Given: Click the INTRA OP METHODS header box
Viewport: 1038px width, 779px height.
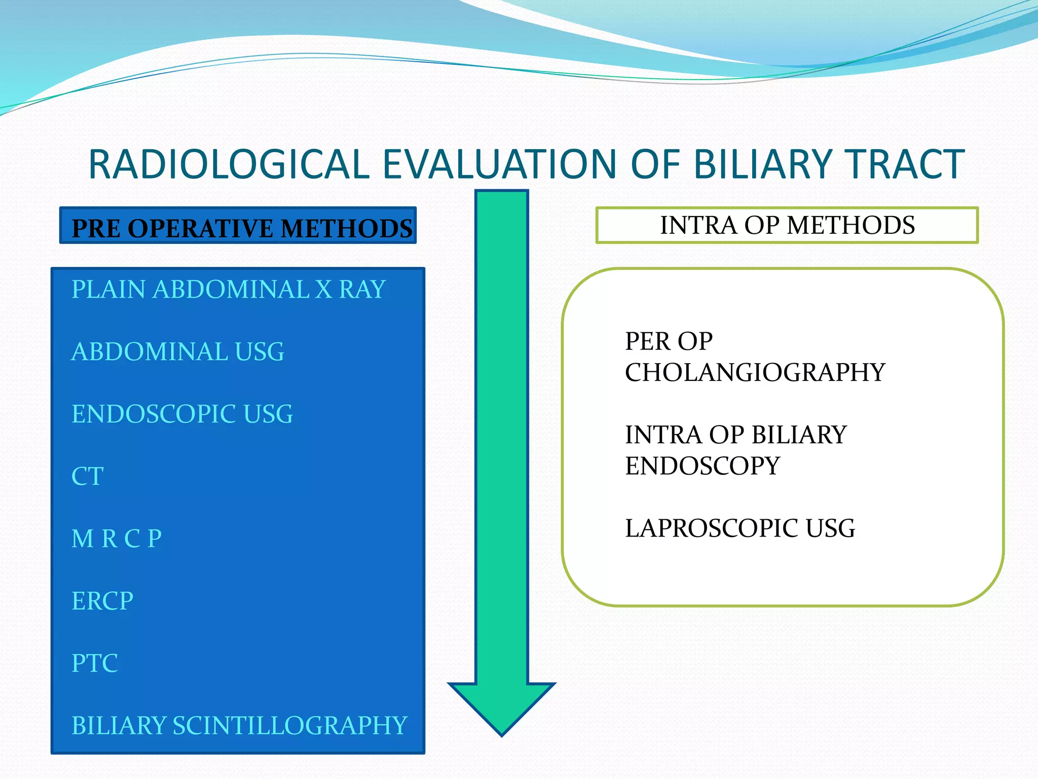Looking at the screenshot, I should point(787,225).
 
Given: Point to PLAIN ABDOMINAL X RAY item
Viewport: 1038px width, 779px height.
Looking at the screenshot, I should point(228,290).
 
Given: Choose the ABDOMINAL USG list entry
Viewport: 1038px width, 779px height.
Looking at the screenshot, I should point(177,352).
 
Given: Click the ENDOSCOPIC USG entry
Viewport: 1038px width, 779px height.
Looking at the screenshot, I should point(182,414).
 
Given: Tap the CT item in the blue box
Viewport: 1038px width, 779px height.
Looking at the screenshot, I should point(88,476).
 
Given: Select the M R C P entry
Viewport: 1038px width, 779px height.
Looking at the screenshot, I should point(117,539).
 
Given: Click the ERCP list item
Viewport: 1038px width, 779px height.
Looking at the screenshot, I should point(102,601).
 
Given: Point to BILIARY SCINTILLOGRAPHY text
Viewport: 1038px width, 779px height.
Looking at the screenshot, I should point(239,725).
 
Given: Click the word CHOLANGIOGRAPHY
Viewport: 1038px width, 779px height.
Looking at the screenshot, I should point(755,373).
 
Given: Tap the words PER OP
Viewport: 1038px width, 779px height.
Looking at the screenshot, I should point(669,341).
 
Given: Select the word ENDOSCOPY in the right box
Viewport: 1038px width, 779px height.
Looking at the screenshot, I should point(702,466).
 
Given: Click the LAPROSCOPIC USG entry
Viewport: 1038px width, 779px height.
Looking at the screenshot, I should point(740,528).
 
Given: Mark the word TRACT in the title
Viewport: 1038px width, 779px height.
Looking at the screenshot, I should point(905,164).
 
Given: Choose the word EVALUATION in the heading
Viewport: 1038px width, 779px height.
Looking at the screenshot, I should point(499,164).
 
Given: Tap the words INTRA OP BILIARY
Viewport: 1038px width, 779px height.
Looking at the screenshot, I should point(735,435).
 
